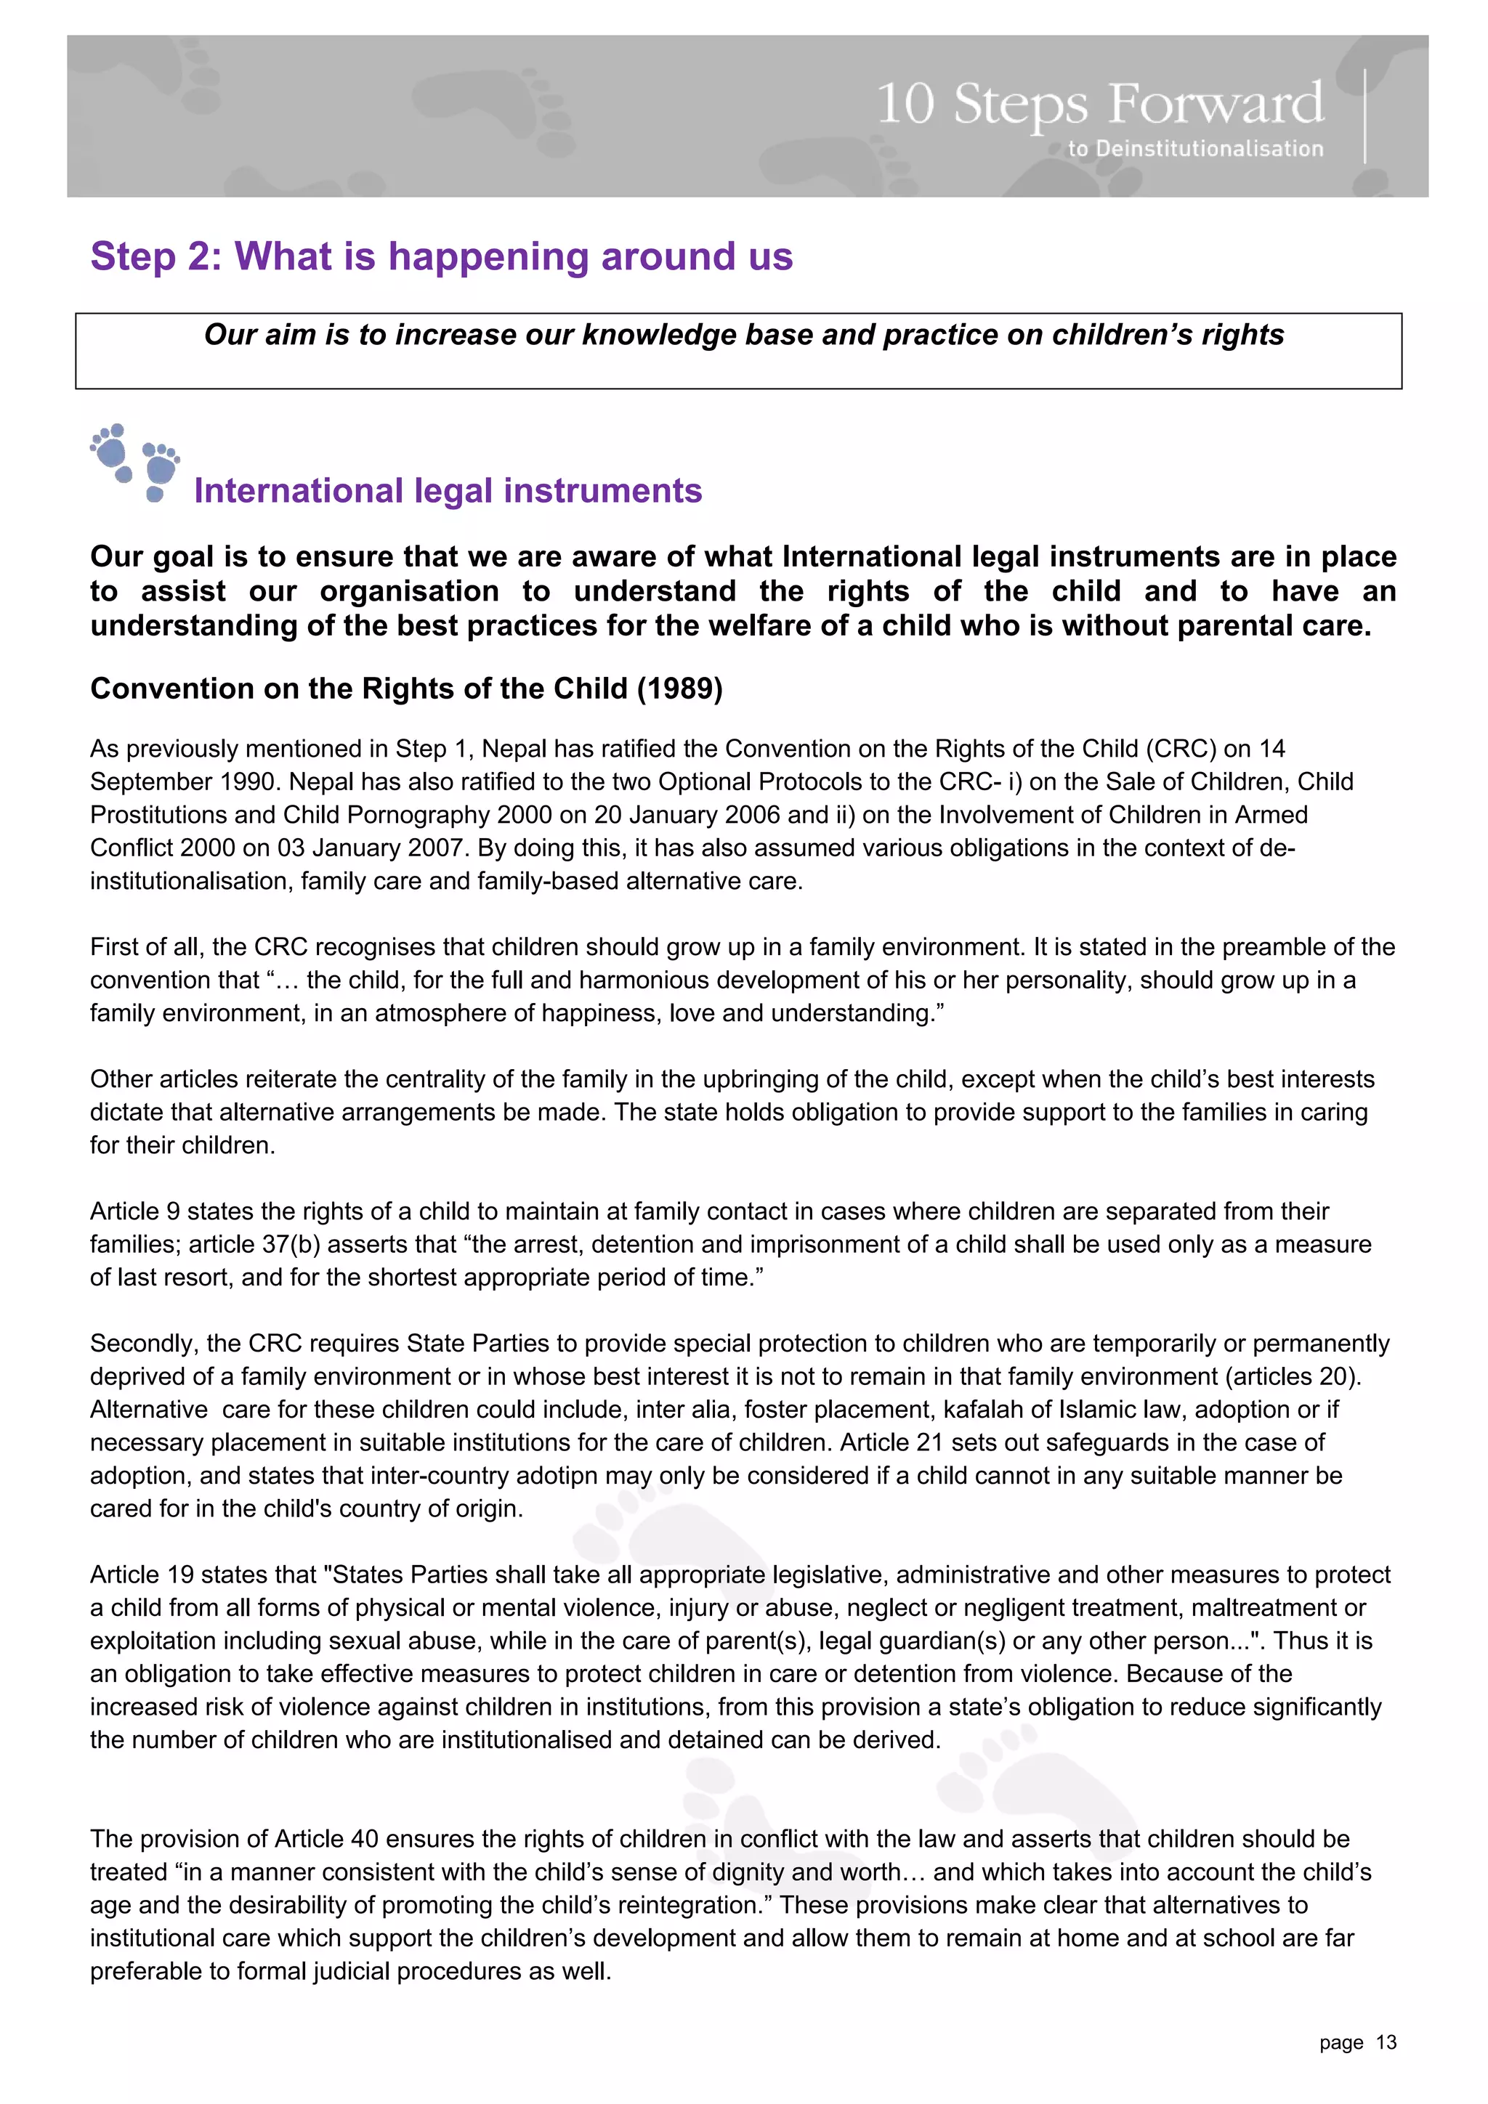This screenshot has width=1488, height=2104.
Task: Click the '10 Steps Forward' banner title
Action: pyautogui.click(x=1099, y=104)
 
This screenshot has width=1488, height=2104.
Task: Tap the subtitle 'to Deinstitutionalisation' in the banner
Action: pyautogui.click(x=1194, y=148)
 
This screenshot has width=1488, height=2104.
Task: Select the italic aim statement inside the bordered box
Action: pyautogui.click(x=743, y=335)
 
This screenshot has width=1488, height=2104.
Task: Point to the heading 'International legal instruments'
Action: pyautogui.click(x=448, y=491)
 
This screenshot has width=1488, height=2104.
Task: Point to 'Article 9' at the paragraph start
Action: pyautogui.click(x=134, y=1211)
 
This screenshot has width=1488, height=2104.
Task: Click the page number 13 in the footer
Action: pyautogui.click(x=1386, y=2042)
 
